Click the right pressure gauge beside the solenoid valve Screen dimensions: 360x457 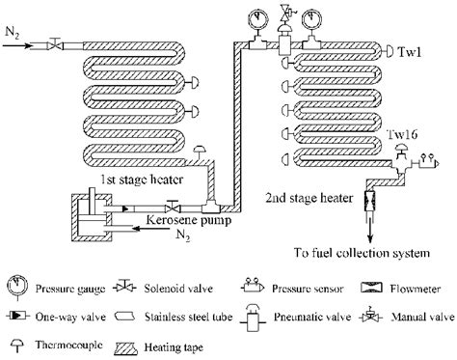click(x=312, y=18)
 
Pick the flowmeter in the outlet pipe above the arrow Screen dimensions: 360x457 click(x=370, y=205)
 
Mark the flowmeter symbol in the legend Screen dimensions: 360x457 click(x=370, y=287)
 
